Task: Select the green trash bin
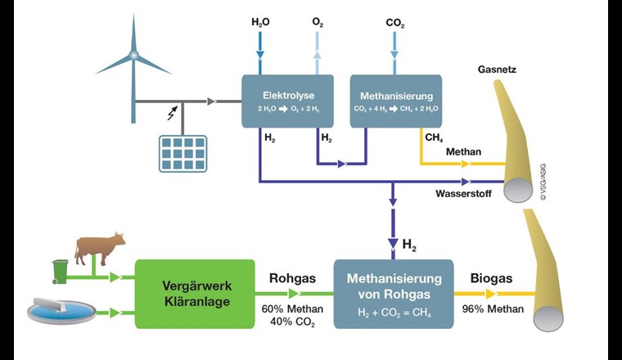61,271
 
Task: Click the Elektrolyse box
287,101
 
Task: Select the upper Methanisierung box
396,101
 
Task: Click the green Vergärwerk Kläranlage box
195,294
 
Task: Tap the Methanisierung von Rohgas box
393,294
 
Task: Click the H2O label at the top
261,23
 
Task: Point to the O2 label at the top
318,23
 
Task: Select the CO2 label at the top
395,23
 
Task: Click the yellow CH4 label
434,137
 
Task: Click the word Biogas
491,279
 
